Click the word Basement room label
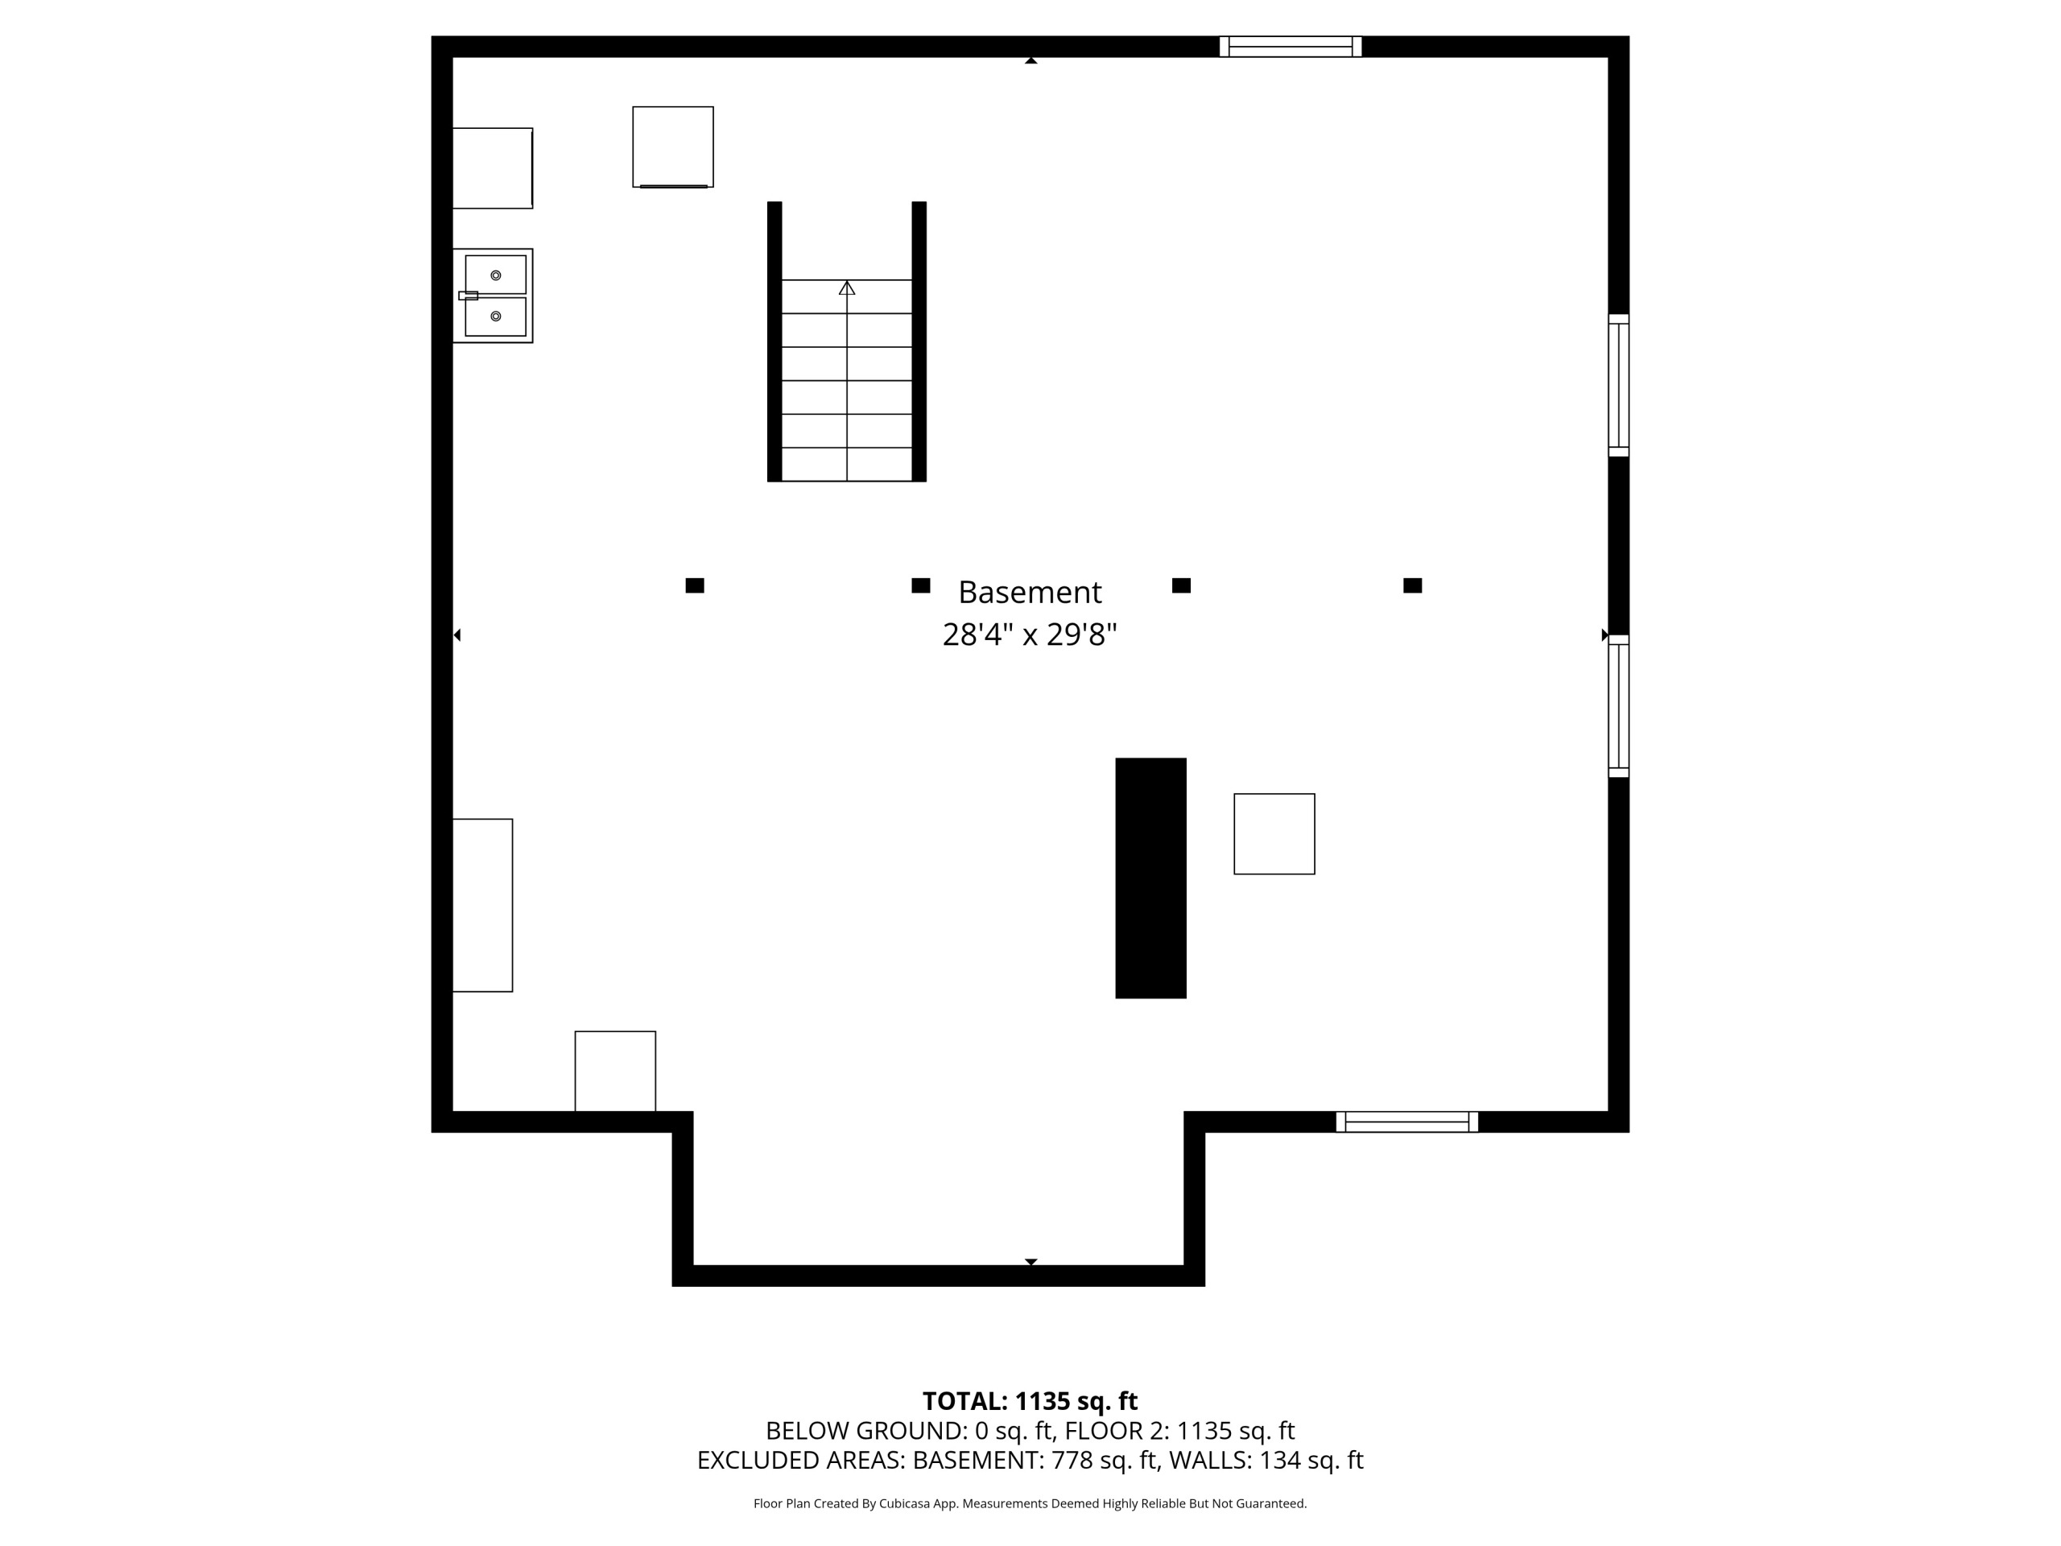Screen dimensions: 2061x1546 1030,593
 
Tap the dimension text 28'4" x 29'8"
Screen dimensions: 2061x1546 1030,635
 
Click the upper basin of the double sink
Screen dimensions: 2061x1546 496,275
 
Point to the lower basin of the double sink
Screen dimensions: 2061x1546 496,316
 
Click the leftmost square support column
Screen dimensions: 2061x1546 694,585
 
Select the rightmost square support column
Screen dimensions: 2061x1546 1413,585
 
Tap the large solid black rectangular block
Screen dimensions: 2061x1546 1150,878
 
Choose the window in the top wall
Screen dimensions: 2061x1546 1291,47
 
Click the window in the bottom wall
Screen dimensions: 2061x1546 1407,1122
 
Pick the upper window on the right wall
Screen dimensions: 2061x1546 1618,386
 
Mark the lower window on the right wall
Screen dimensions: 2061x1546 1618,706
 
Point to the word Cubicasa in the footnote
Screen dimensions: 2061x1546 905,1503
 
